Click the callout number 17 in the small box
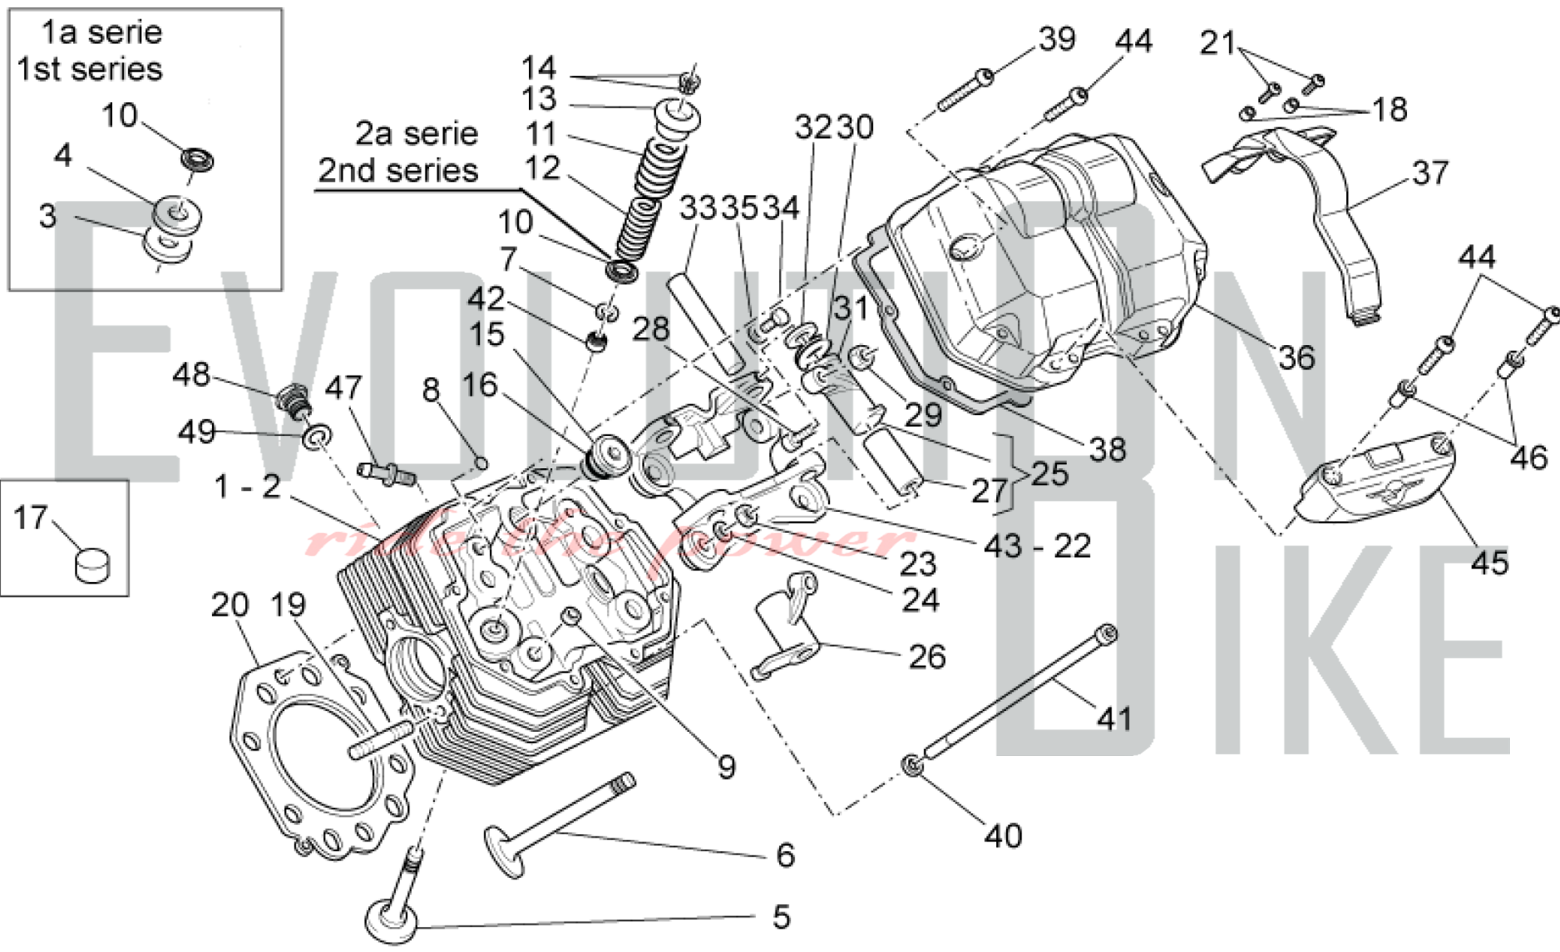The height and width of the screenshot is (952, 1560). pos(30,517)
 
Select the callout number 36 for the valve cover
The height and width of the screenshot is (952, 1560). pos(1296,357)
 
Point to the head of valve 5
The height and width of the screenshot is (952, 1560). pos(392,920)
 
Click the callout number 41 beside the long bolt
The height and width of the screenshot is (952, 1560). pos(1114,718)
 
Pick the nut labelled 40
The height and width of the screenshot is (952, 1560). pos(912,765)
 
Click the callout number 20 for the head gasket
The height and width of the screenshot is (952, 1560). pos(229,605)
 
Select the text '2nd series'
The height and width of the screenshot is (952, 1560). pos(398,170)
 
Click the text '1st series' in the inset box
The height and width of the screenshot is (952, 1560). pos(90,69)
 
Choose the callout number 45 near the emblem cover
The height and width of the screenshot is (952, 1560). pos(1489,562)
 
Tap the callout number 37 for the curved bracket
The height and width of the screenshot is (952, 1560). pos(1430,172)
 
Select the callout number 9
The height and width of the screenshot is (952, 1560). pos(726,767)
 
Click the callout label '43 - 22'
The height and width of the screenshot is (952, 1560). pos(1037,546)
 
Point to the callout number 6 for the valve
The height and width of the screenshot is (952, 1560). pos(785,855)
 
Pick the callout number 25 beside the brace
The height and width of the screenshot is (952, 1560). pos(1049,474)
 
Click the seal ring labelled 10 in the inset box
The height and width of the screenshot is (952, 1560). pos(197,159)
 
